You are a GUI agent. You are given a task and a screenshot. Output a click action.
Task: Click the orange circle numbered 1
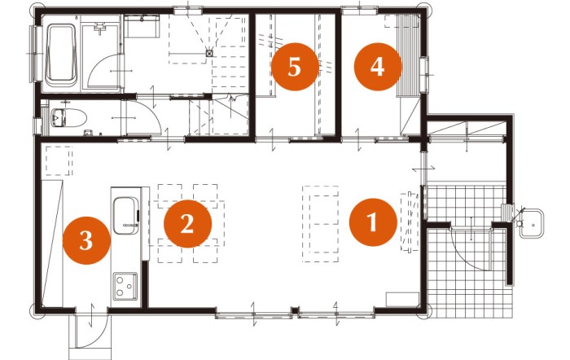coord(373,222)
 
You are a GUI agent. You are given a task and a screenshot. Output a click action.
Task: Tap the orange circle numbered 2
coord(187,224)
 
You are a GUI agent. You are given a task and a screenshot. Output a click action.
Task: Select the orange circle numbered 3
coord(86,240)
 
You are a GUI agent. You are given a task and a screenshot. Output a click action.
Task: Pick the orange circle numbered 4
coord(378,67)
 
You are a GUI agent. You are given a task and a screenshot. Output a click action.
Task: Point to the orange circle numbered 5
coord(295,67)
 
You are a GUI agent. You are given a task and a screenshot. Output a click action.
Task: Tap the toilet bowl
coord(68,117)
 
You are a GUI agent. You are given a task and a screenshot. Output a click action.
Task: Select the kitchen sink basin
coord(125,216)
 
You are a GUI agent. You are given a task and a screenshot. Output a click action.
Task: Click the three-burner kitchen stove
coord(125,286)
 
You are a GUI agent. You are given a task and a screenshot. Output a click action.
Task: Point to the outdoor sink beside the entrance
coord(531,223)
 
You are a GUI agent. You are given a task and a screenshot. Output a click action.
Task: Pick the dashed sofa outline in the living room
coord(320,224)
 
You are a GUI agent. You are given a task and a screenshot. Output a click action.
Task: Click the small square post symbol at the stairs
coord(209,53)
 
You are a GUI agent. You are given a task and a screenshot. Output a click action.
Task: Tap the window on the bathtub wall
coord(35,54)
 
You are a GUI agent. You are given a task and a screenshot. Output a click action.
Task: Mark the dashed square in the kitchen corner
coord(59,161)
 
